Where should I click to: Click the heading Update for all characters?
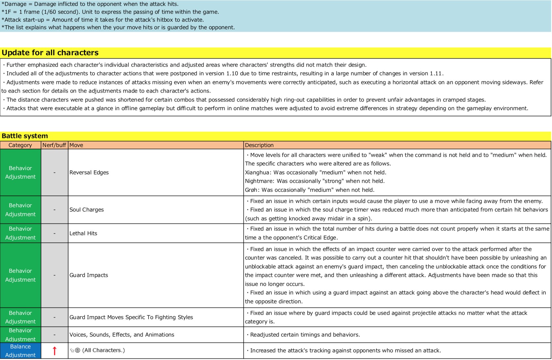click(x=50, y=53)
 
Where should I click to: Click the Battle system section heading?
click(x=25, y=136)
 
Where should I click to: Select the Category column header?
click(x=20, y=145)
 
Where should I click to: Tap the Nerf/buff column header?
click(x=54, y=145)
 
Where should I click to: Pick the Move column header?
click(x=76, y=145)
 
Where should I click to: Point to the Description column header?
click(x=259, y=145)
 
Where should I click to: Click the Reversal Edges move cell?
click(x=89, y=172)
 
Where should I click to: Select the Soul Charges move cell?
click(x=87, y=210)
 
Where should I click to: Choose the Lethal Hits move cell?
click(x=83, y=233)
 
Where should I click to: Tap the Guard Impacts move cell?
click(x=89, y=275)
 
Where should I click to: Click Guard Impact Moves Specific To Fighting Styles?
click(x=131, y=317)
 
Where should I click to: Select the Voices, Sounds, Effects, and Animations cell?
click(x=122, y=335)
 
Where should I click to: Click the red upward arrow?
click(x=55, y=351)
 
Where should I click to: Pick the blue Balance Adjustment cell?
click(x=20, y=351)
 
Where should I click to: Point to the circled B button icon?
click(x=78, y=350)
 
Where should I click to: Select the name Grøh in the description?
click(x=252, y=190)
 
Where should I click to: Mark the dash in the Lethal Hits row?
click(x=54, y=233)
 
